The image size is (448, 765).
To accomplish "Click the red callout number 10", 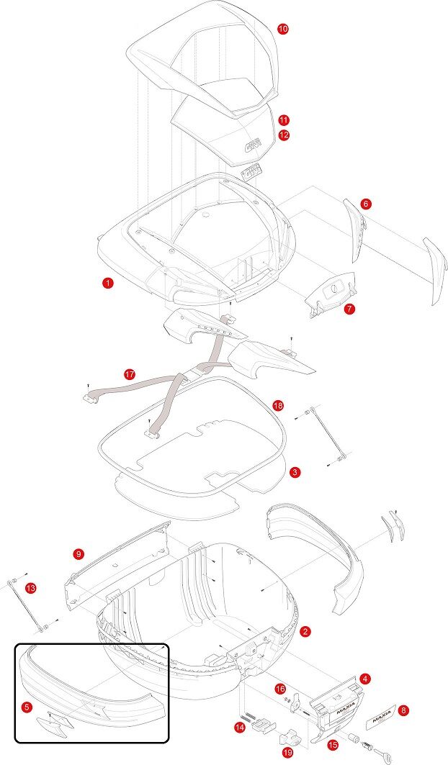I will pyautogui.click(x=283, y=28).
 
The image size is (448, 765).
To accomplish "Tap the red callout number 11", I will pyautogui.click(x=284, y=120).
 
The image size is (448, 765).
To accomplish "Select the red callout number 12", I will pyautogui.click(x=284, y=135).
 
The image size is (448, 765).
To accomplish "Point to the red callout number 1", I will pyautogui.click(x=107, y=284).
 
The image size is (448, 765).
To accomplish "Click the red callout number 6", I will pyautogui.click(x=366, y=204).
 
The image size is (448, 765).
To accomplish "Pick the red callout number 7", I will pyautogui.click(x=349, y=309).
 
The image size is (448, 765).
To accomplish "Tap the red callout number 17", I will pyautogui.click(x=129, y=375).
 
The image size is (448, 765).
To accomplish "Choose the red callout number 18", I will pyautogui.click(x=279, y=406).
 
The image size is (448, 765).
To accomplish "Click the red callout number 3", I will pyautogui.click(x=295, y=472).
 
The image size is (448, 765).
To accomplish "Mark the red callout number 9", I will pyautogui.click(x=79, y=553).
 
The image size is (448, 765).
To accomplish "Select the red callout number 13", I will pyautogui.click(x=30, y=588).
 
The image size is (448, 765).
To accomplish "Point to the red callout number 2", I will pyautogui.click(x=305, y=631).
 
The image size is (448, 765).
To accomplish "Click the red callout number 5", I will pyautogui.click(x=27, y=707).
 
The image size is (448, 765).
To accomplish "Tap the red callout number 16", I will pyautogui.click(x=280, y=689).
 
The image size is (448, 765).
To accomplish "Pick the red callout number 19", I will pyautogui.click(x=287, y=753).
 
